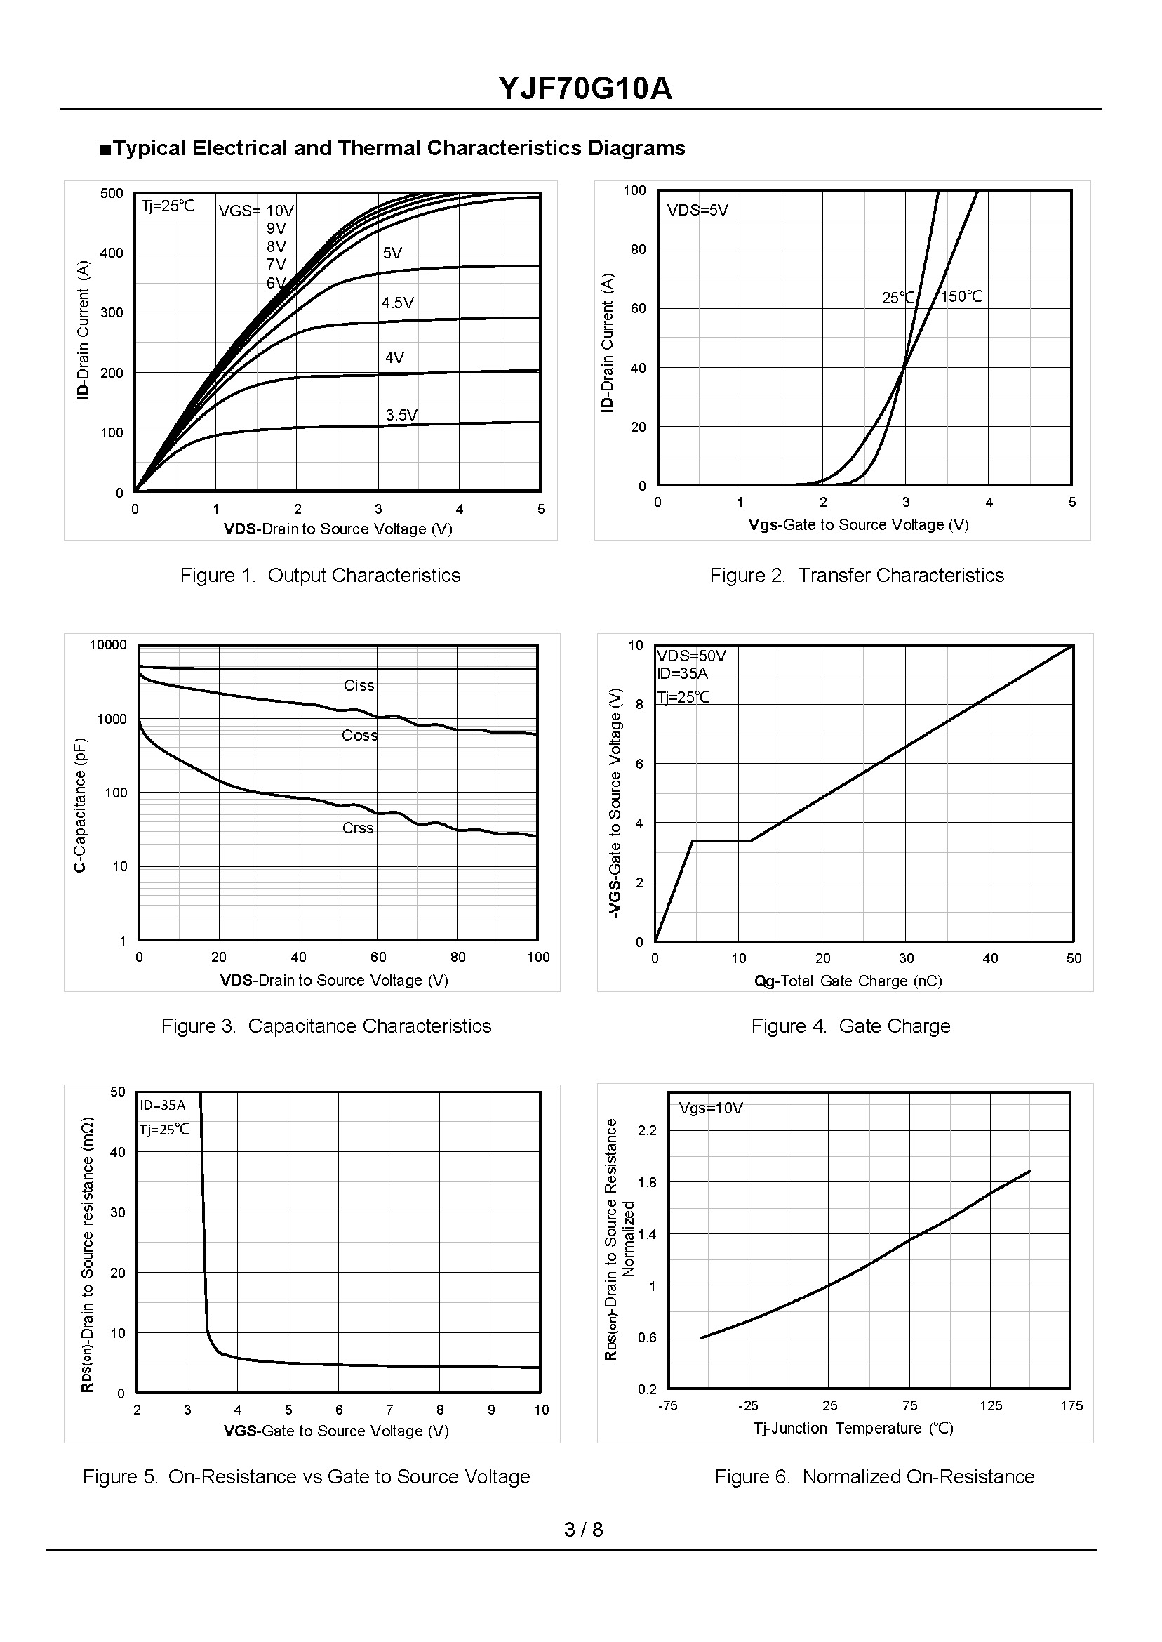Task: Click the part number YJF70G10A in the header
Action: [585, 89]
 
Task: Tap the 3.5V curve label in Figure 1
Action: [401, 415]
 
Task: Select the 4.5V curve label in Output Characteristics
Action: [398, 303]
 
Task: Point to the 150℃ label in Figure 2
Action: [961, 297]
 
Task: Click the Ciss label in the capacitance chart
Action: [359, 686]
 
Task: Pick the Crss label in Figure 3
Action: [358, 828]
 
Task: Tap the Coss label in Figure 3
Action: [359, 736]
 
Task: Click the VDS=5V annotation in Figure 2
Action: [697, 211]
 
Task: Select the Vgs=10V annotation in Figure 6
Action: [711, 1108]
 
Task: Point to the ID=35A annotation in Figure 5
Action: [162, 1106]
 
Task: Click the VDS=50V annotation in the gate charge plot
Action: [691, 656]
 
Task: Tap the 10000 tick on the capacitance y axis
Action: [108, 645]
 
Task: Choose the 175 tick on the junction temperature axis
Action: [1071, 1406]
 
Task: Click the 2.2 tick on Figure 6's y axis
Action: [647, 1131]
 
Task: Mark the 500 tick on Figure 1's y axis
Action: [112, 193]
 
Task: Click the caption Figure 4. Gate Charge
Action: [850, 1026]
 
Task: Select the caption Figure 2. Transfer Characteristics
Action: [857, 576]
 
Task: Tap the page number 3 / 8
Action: [583, 1530]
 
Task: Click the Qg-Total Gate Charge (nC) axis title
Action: [848, 981]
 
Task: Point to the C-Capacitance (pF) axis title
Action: [80, 804]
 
